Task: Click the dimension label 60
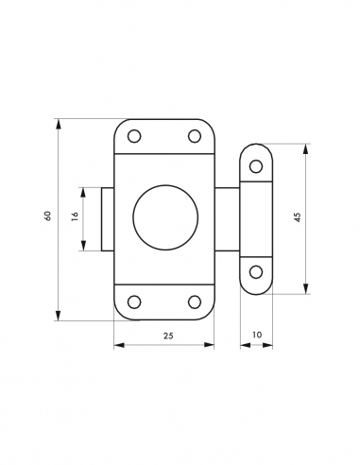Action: click(x=47, y=215)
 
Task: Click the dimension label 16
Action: click(x=75, y=216)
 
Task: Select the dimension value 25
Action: click(x=168, y=336)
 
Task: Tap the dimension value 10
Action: click(x=257, y=335)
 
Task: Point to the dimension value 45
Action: click(x=298, y=217)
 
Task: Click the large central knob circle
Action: click(x=165, y=217)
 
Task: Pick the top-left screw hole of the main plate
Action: click(x=134, y=136)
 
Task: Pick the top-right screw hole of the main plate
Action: click(x=195, y=136)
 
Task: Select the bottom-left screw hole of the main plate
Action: click(x=134, y=301)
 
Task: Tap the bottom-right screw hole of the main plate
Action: click(x=195, y=301)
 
